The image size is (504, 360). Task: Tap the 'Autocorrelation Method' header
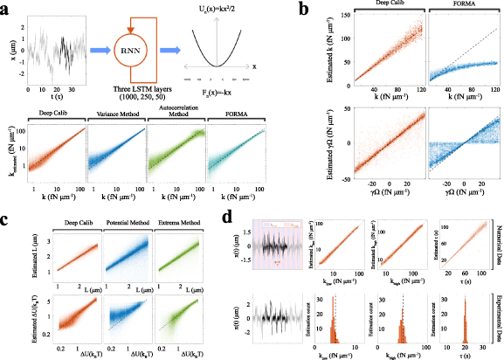pyautogui.click(x=176, y=114)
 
